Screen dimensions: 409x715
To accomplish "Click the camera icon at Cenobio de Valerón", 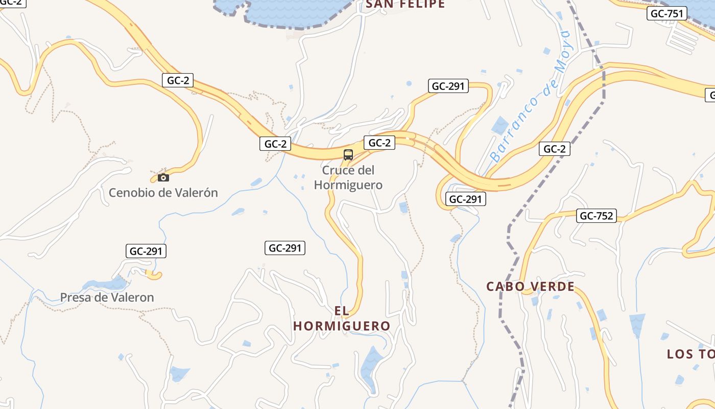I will tap(163, 178).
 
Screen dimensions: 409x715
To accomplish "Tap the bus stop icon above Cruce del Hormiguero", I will tap(348, 155).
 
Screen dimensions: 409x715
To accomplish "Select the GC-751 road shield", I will tap(666, 14).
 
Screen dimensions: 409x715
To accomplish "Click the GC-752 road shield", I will tap(596, 216).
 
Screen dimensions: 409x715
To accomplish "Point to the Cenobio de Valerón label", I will tap(163, 193).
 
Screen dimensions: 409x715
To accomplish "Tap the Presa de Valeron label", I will tap(107, 297).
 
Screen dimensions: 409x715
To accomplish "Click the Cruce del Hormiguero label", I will tap(348, 177).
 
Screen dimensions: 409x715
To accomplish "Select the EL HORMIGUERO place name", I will tap(342, 319).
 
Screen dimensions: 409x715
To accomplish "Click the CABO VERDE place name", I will tap(530, 286).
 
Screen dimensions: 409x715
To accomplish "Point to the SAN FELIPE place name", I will tap(406, 5).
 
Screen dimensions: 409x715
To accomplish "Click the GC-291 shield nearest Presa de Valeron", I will tap(146, 251).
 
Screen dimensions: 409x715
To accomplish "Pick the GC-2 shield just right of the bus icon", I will tap(379, 143).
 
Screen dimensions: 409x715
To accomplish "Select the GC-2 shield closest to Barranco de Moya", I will tap(554, 149).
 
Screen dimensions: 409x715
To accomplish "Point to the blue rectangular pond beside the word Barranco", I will tap(500, 125).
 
